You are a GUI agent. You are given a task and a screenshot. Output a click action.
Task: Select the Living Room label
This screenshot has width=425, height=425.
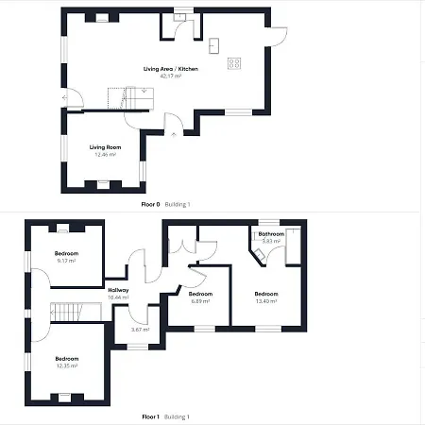pyautogui.click(x=104, y=147)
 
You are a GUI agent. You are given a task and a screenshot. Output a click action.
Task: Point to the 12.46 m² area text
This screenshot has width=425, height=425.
pyautogui.click(x=104, y=154)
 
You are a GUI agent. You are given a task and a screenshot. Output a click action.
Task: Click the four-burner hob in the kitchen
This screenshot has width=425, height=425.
pyautogui.click(x=234, y=63)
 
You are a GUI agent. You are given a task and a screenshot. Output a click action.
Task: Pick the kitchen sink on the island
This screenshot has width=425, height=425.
pyautogui.click(x=214, y=44)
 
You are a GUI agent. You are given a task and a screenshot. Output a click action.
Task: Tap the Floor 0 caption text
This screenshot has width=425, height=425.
pyautogui.click(x=150, y=204)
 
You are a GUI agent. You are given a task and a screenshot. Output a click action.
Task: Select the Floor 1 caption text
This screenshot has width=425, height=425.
pyautogui.click(x=150, y=416)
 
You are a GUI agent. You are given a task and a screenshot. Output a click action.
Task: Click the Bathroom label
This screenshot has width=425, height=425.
pyautogui.click(x=272, y=233)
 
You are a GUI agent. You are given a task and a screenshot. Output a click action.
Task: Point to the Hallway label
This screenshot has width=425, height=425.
pyautogui.click(x=118, y=290)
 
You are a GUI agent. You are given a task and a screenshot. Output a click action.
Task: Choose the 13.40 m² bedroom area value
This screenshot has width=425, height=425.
pyautogui.click(x=265, y=300)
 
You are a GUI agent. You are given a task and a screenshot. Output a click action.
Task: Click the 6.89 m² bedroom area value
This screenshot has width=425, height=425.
pyautogui.click(x=200, y=300)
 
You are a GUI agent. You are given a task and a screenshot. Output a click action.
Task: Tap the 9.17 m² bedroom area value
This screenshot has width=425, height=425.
pyautogui.click(x=66, y=260)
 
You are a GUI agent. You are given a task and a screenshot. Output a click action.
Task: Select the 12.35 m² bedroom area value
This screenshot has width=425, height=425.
pyautogui.click(x=66, y=365)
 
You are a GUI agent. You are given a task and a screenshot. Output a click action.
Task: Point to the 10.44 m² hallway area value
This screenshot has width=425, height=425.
pyautogui.click(x=118, y=297)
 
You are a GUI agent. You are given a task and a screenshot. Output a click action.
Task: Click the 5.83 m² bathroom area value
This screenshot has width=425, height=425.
pyautogui.click(x=272, y=241)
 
